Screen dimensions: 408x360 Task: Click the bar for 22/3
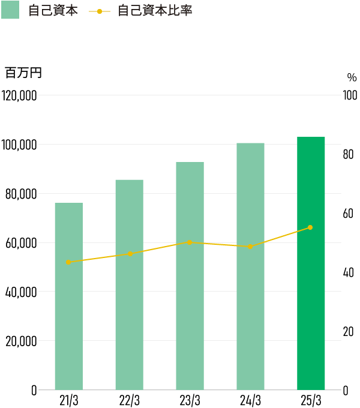pyautogui.click(x=130, y=284)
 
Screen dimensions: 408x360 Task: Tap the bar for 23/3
pyautogui.click(x=190, y=275)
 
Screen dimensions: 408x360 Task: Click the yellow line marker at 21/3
pyautogui.click(x=68, y=262)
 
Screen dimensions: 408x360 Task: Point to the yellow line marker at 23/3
pyautogui.click(x=190, y=242)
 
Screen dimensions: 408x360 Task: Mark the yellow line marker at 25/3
pyautogui.click(x=310, y=227)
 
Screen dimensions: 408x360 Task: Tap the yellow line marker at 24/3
pyautogui.click(x=250, y=247)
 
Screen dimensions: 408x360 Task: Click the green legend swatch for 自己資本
pyautogui.click(x=10, y=10)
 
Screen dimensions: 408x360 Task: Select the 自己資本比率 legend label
pyautogui.click(x=155, y=11)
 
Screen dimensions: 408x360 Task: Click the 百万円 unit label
pyautogui.click(x=23, y=73)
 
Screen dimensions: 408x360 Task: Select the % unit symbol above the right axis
pyautogui.click(x=352, y=77)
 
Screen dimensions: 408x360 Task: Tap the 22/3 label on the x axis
pyautogui.click(x=130, y=400)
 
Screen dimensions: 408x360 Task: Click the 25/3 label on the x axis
pyautogui.click(x=311, y=400)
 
